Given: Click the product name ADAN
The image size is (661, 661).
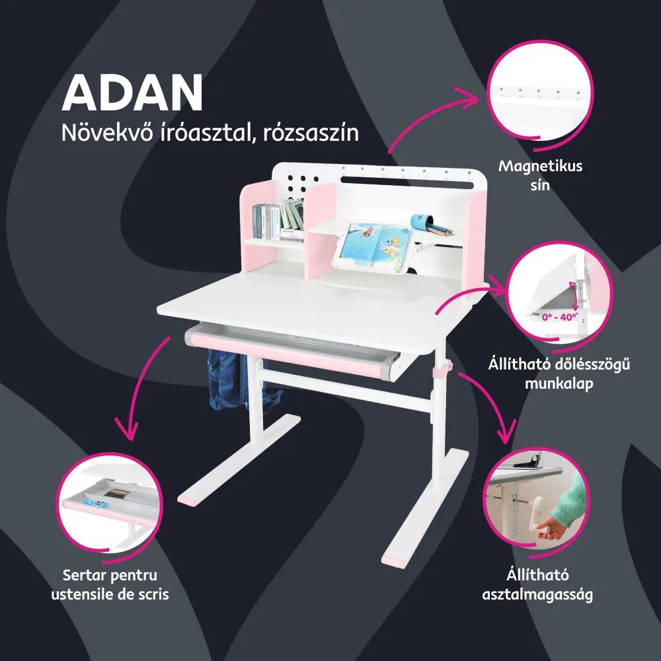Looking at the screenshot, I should coord(132,93).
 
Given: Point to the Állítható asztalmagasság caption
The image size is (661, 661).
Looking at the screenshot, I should coord(537,584).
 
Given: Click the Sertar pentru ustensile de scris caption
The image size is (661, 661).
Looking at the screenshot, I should coord(110,584).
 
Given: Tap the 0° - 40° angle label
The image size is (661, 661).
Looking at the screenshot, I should coord(559,317).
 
